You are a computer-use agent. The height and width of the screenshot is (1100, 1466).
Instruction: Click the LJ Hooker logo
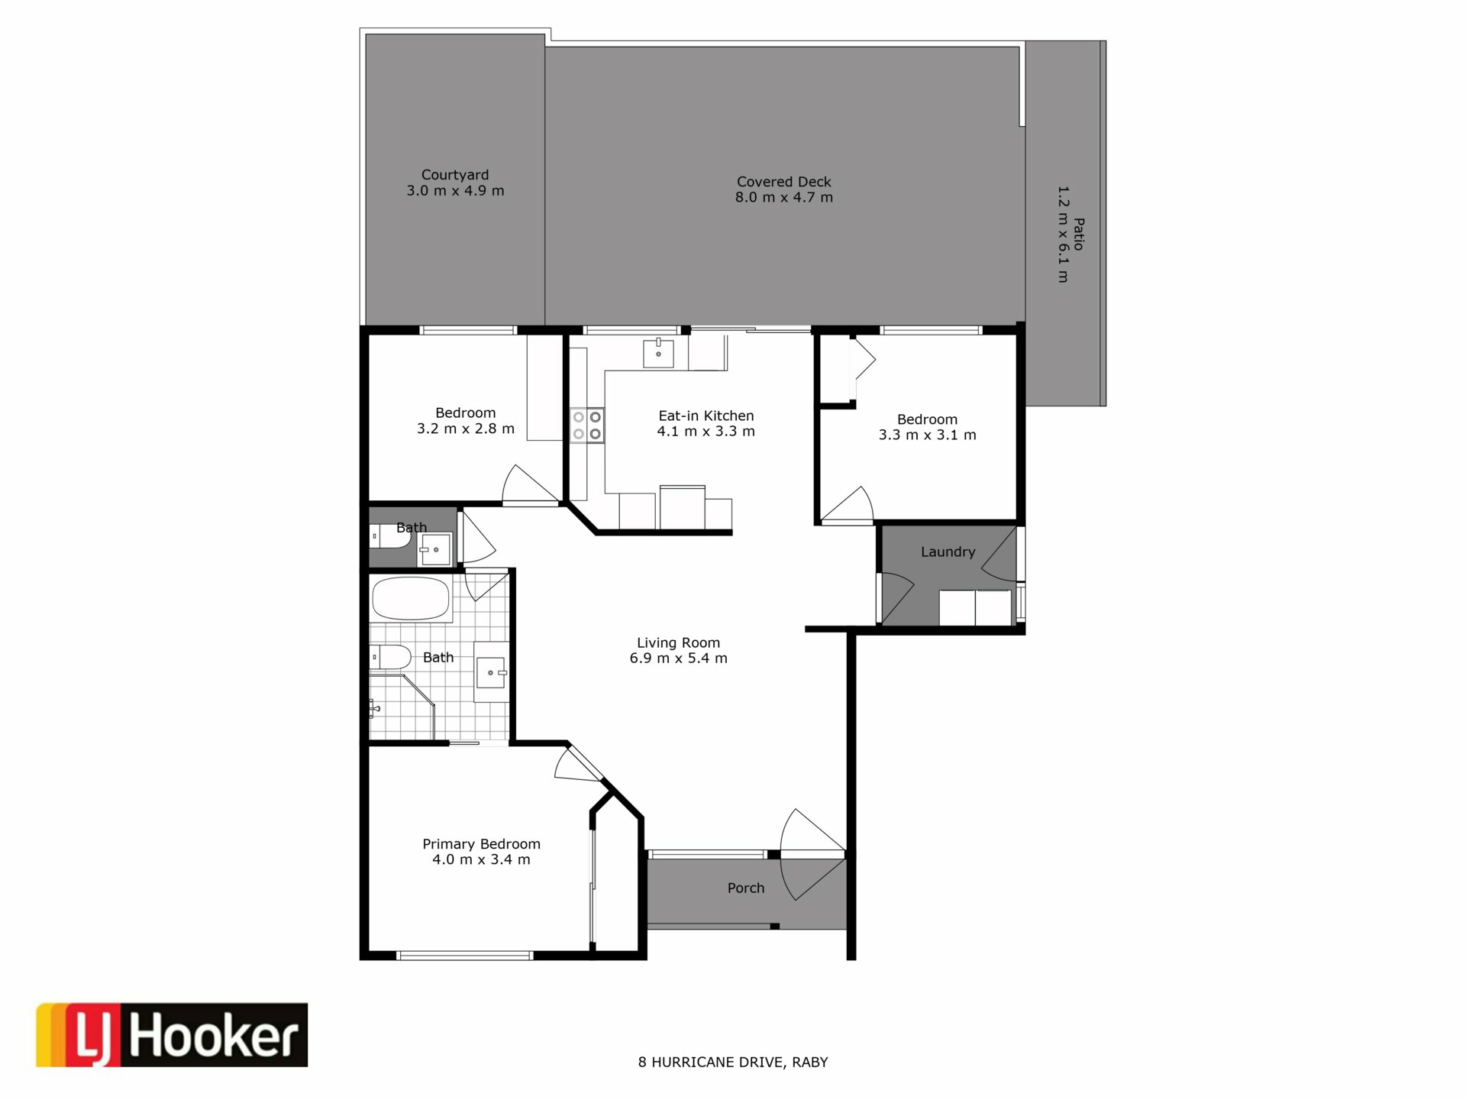[x=172, y=1034]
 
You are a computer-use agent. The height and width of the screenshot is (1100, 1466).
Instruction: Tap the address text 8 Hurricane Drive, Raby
[x=733, y=1062]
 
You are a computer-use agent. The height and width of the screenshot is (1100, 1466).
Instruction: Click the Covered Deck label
[x=783, y=182]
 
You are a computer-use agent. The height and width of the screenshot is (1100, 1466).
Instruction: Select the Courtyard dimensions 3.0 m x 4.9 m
[x=455, y=191]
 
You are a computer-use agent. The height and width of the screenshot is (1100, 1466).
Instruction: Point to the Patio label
[x=1079, y=235]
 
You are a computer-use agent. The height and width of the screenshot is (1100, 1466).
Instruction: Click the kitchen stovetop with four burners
[x=587, y=425]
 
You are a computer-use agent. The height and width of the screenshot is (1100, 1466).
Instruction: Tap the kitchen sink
[x=658, y=353]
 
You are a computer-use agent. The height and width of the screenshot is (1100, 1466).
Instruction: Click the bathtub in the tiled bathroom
[x=411, y=599]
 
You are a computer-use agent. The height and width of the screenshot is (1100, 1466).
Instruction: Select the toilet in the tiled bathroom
[x=390, y=657]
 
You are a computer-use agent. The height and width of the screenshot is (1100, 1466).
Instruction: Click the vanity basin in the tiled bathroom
[x=491, y=672]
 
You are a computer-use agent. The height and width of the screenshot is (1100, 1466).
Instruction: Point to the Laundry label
[x=948, y=552]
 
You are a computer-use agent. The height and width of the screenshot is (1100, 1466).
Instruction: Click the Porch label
[x=746, y=888]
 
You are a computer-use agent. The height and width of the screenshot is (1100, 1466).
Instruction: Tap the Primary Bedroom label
[x=481, y=844]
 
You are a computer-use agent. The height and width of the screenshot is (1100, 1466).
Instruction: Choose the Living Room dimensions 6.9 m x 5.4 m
[x=678, y=658]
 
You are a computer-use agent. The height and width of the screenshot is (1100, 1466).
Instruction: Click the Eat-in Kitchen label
[x=706, y=416]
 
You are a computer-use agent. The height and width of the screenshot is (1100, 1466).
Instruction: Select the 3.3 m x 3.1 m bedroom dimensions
[x=927, y=435]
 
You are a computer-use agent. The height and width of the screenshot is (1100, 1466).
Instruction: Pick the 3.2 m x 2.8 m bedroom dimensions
[x=465, y=429]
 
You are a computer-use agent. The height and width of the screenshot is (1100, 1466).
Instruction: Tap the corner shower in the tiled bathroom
[x=402, y=706]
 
